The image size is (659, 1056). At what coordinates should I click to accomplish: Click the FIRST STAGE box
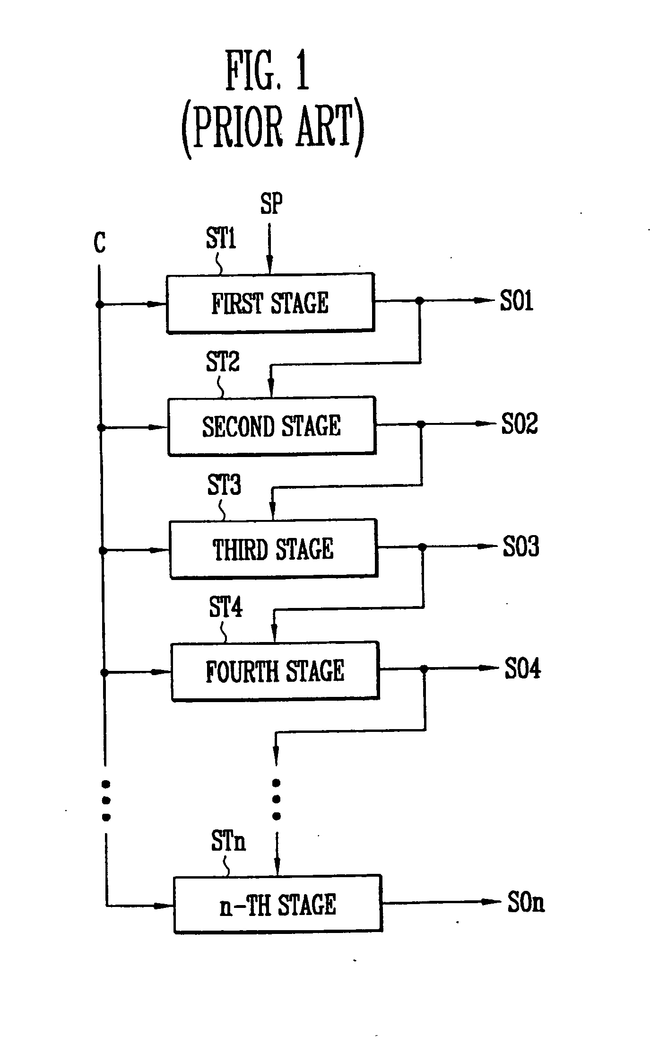tap(270, 303)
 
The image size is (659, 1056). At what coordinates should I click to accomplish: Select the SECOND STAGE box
tap(272, 426)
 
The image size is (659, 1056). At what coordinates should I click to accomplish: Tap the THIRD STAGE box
tap(273, 549)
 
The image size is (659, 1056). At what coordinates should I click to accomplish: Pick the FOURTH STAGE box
tap(275, 671)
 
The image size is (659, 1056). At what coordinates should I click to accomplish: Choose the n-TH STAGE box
tap(277, 904)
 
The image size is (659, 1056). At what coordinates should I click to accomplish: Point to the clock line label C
tap(100, 243)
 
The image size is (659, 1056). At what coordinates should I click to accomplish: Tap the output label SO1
tap(517, 300)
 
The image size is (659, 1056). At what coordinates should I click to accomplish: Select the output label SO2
tap(519, 423)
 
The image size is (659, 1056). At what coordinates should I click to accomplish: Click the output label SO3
tap(520, 546)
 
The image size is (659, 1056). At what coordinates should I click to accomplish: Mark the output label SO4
tap(522, 669)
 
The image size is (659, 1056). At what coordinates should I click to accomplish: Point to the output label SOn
tap(526, 902)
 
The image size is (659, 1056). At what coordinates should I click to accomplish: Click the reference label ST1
tap(221, 238)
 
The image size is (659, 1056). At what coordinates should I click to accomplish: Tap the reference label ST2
tap(223, 362)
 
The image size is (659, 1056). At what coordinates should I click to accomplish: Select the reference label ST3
tap(224, 485)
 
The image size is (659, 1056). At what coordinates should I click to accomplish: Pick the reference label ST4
tap(225, 607)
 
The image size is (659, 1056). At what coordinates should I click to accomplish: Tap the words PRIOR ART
tap(273, 127)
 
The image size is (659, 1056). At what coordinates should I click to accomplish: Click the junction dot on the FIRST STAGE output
tap(419, 300)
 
